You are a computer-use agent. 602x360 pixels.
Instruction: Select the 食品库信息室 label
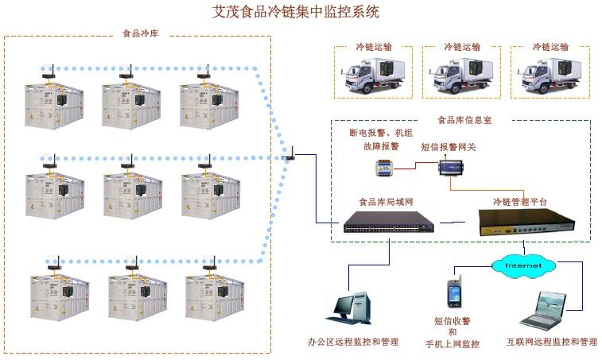coord(460,121)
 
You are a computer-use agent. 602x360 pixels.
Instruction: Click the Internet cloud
coord(523,264)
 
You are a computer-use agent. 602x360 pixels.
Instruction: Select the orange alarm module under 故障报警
coord(388,168)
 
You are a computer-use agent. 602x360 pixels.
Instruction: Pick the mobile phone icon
coord(453,293)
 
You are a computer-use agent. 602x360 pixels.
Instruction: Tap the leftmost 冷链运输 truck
coord(374,73)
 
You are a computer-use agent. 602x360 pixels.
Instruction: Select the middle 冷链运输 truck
coord(462,73)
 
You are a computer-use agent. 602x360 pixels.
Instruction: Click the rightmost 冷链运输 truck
coord(550,73)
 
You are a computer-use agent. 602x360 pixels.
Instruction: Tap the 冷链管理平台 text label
coord(520,202)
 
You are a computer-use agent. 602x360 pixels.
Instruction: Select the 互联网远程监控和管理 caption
coord(551,343)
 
